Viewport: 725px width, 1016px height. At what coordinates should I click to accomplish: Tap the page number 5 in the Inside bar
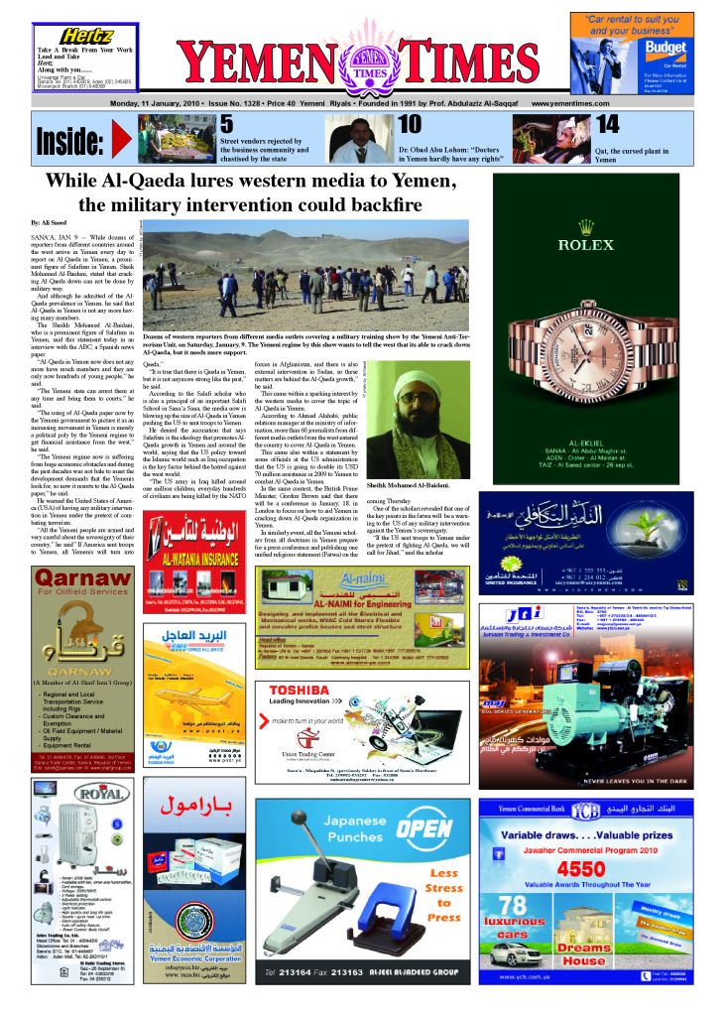226,124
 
